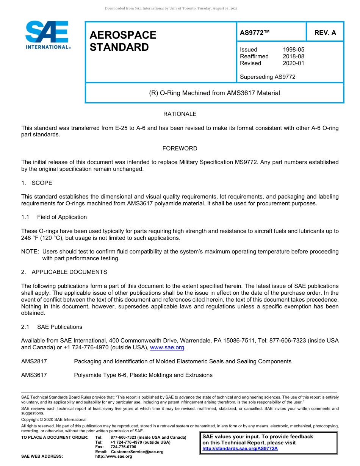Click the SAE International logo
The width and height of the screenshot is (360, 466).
point(47,35)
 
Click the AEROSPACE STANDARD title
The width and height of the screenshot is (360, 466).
point(123,41)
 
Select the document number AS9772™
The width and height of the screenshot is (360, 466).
point(255,33)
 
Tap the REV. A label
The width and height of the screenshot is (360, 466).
point(325,33)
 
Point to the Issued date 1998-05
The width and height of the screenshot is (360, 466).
point(293,50)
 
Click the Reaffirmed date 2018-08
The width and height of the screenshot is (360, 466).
point(293,56)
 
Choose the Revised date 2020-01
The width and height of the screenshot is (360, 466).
point(293,63)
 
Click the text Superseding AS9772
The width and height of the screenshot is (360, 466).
point(268,77)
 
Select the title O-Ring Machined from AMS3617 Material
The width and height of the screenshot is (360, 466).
point(214,93)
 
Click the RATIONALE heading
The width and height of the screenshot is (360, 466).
point(180,114)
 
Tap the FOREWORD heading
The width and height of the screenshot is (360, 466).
point(180,149)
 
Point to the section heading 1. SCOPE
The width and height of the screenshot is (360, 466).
point(37,183)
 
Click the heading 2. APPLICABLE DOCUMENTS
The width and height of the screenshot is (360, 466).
point(64,272)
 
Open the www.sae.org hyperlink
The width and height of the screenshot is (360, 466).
point(167,347)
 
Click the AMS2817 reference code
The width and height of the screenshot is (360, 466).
point(34,361)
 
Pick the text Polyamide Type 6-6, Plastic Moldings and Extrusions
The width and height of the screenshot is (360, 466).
point(143,375)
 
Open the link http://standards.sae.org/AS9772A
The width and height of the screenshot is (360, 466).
point(240,449)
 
